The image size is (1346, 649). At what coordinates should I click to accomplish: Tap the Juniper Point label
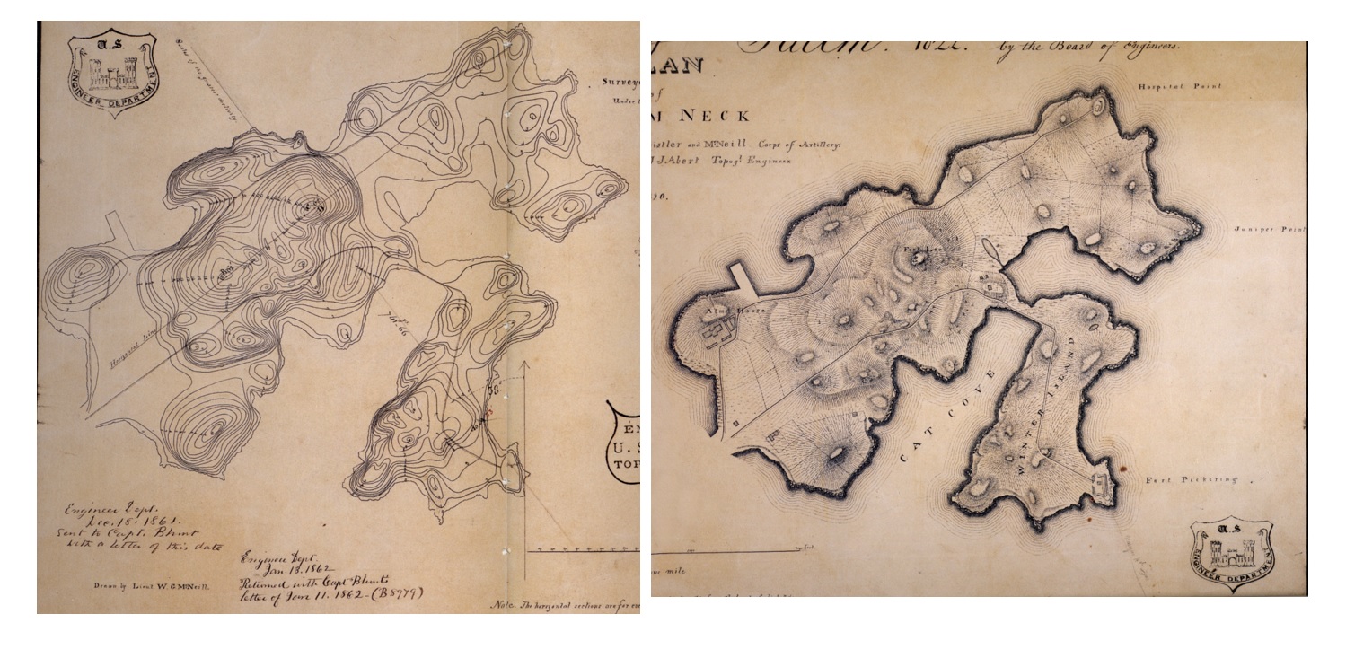pos(1269,230)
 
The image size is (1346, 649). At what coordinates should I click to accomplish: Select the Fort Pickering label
pos(1191,480)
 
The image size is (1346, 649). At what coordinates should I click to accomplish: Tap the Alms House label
pos(704,311)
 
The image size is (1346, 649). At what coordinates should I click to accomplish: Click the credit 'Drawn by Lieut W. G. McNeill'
pos(153,586)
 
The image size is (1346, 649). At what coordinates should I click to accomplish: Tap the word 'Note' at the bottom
pos(505,606)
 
